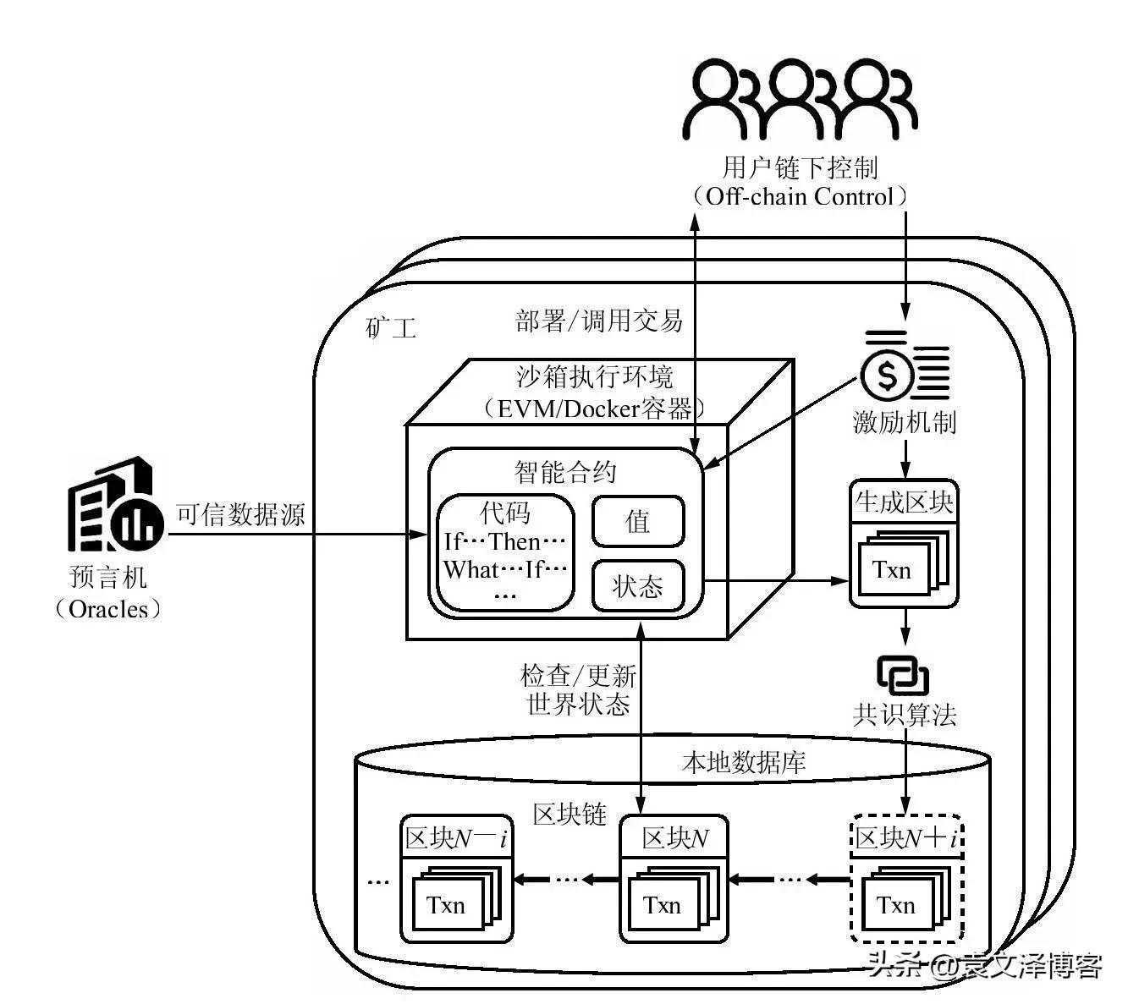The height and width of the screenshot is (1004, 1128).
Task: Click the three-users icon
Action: [x=800, y=100]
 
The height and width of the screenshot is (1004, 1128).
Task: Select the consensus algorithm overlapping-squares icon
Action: [x=903, y=676]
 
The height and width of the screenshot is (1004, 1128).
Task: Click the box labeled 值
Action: [x=637, y=522]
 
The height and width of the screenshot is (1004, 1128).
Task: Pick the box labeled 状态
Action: [x=637, y=585]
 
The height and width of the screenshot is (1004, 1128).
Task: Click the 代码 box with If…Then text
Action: [x=505, y=553]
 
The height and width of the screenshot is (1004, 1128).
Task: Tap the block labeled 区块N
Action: [x=674, y=879]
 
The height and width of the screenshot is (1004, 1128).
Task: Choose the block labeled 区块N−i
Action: [x=456, y=879]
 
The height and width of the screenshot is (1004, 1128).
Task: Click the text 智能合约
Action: [x=565, y=471]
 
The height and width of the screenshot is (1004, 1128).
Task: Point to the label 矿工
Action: [x=391, y=327]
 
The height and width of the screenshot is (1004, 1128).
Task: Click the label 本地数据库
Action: [x=743, y=762]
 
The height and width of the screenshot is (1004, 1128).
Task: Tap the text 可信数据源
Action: [x=240, y=514]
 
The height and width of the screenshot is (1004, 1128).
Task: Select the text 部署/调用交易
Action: [x=599, y=321]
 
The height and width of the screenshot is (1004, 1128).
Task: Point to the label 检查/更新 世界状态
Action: [x=578, y=689]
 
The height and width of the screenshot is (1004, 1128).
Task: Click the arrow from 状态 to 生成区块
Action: [x=774, y=580]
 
